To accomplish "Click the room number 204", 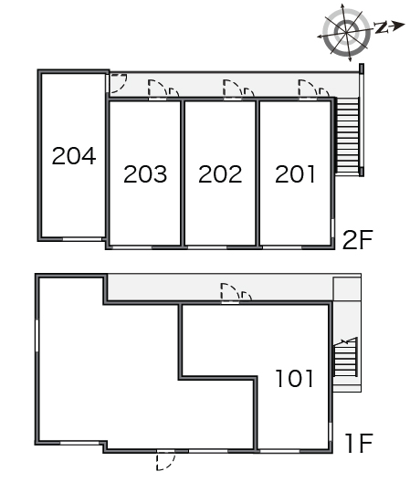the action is [x=74, y=156].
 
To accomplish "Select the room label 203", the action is [x=145, y=174].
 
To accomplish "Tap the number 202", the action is [x=220, y=174].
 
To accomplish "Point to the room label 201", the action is [x=295, y=174].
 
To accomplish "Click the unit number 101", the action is [x=295, y=378].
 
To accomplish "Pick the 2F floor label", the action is [x=358, y=239].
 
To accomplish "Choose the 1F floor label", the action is [x=359, y=443].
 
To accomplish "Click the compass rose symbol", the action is [x=346, y=32].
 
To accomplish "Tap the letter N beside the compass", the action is [x=382, y=27].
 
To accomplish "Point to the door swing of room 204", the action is [x=117, y=83].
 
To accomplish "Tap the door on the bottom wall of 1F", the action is [x=166, y=459].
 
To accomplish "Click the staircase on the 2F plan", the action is [x=347, y=136].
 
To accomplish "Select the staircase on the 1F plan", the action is [x=345, y=357].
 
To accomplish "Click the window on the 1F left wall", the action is [x=37, y=335].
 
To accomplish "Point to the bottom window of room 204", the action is [x=82, y=239].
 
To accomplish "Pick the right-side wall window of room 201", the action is [x=332, y=228].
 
